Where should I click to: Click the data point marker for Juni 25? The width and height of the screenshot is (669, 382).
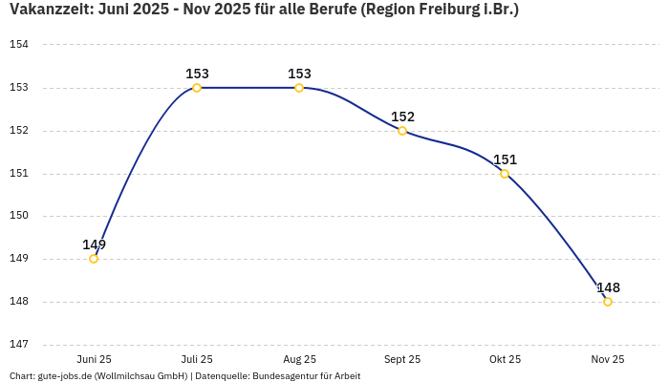click(94, 259)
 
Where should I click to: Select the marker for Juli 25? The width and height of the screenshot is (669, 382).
click(197, 88)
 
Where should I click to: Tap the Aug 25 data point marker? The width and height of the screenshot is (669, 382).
click(299, 88)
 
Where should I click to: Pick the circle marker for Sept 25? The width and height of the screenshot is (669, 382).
click(402, 131)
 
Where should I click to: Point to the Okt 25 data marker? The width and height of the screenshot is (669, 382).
click(505, 174)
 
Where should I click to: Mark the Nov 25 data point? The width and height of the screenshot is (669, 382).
click(608, 302)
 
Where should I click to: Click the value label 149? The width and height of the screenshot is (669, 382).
click(94, 244)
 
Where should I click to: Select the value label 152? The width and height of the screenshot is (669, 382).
click(402, 117)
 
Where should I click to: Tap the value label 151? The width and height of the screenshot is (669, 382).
click(505, 159)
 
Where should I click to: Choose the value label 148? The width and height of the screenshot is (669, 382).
click(608, 287)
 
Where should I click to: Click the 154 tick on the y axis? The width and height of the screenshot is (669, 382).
click(19, 45)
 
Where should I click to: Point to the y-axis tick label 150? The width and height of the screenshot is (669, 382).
click(19, 216)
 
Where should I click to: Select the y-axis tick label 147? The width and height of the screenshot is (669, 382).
click(19, 344)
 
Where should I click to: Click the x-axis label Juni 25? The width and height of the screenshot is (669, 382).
click(94, 359)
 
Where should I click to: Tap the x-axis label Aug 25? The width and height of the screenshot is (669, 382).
click(299, 359)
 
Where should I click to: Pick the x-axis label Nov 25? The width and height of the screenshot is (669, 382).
click(608, 359)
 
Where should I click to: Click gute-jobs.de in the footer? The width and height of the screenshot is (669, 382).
click(64, 376)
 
